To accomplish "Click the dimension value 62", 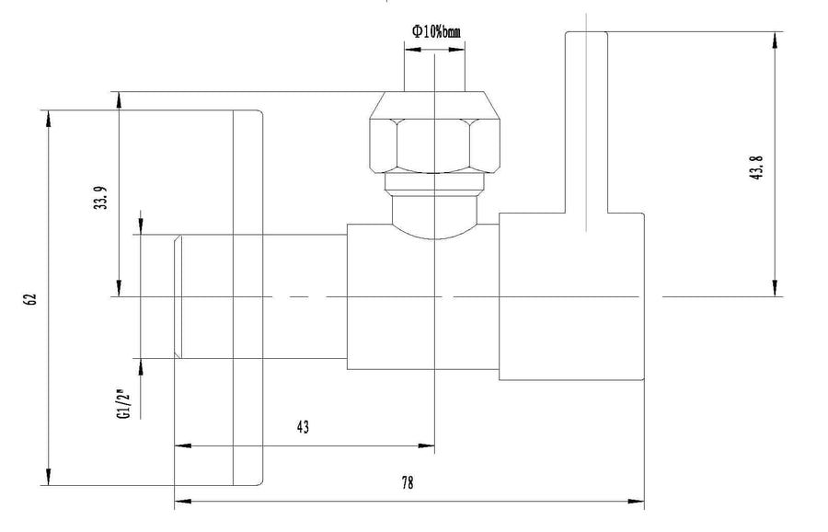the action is pos(30,298).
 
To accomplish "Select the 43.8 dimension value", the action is pos(756,168).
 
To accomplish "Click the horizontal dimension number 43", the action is pos(303,427).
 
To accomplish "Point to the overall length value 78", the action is pos(408,483).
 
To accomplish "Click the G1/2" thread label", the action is pos(122,404).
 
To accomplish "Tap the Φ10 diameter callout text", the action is pos(436,31).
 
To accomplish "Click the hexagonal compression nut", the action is pos(434,133).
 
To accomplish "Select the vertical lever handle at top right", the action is pos(587,122).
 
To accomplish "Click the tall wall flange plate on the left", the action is pos(247,298).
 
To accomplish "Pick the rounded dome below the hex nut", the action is pos(434,217).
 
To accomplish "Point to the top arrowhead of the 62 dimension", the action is pos(48,119).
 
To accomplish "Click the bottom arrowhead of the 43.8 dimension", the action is pos(776,288).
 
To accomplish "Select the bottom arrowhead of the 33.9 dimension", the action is pos(120,288).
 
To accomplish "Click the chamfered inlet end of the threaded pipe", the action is pos(178,296).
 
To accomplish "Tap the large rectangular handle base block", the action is pos(571,296).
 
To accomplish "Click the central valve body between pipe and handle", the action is pos(423,296).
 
